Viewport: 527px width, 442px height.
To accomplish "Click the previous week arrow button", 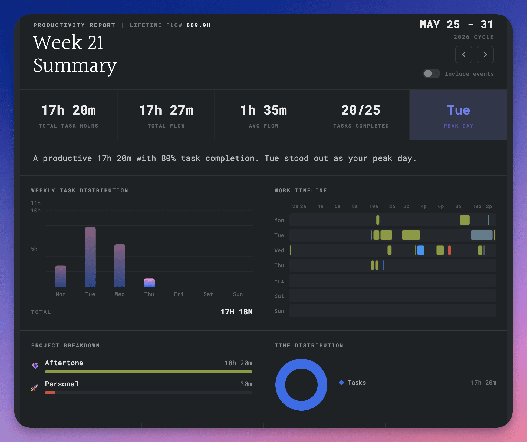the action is click(463, 55).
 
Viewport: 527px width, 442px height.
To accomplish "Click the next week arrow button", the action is click(485, 55).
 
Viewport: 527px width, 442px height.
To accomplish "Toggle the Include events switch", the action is click(432, 73).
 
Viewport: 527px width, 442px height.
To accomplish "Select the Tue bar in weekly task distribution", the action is click(90, 257).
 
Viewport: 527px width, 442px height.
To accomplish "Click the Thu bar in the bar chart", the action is click(149, 283).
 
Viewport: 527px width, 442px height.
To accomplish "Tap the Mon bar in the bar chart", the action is click(61, 276).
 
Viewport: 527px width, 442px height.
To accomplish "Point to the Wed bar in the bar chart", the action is click(120, 266).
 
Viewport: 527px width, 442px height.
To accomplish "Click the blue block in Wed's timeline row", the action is click(421, 250).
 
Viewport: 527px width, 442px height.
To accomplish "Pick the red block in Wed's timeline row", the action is click(449, 250).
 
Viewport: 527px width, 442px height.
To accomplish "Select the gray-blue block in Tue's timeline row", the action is click(482, 235).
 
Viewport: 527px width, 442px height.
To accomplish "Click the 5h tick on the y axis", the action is click(34, 249).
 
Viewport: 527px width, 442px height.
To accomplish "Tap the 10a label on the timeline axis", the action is click(373, 206).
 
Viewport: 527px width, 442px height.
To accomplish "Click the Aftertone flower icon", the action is click(35, 366).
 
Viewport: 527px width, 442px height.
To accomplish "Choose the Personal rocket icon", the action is click(34, 388).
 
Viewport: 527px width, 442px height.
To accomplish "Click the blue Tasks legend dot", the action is click(341, 383).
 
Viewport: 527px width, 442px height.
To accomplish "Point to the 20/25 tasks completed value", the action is click(361, 110).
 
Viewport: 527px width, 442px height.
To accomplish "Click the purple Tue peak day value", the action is click(458, 110).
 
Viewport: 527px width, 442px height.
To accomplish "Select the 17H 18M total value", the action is click(236, 312).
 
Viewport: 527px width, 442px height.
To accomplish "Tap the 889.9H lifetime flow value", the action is click(198, 25).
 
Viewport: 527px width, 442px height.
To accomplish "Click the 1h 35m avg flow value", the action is click(263, 110).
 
